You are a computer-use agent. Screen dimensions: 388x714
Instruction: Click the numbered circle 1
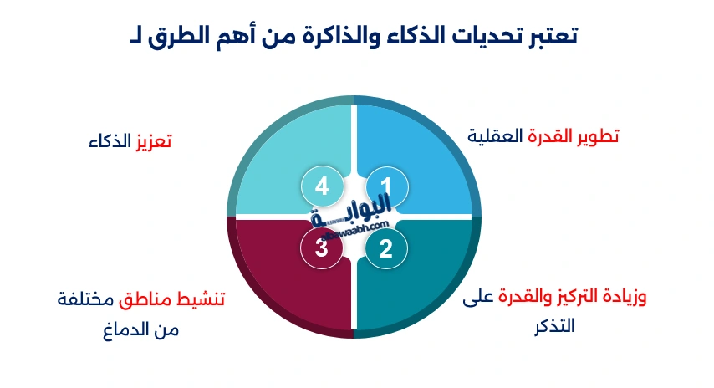386,186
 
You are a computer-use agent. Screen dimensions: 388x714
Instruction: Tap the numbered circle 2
386,248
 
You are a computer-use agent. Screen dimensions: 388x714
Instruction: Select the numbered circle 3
321,248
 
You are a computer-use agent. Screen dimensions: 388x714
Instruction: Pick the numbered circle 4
321,186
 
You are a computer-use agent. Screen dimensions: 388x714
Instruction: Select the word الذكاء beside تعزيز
111,141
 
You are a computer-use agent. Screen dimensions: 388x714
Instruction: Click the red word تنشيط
204,299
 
